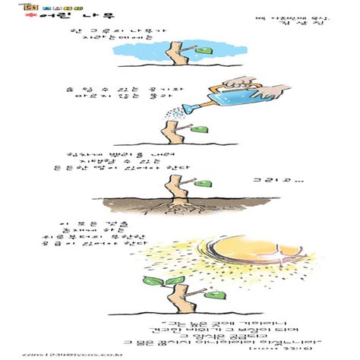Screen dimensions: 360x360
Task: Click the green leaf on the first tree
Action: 204,51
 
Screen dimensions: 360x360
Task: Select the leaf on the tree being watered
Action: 199,129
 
